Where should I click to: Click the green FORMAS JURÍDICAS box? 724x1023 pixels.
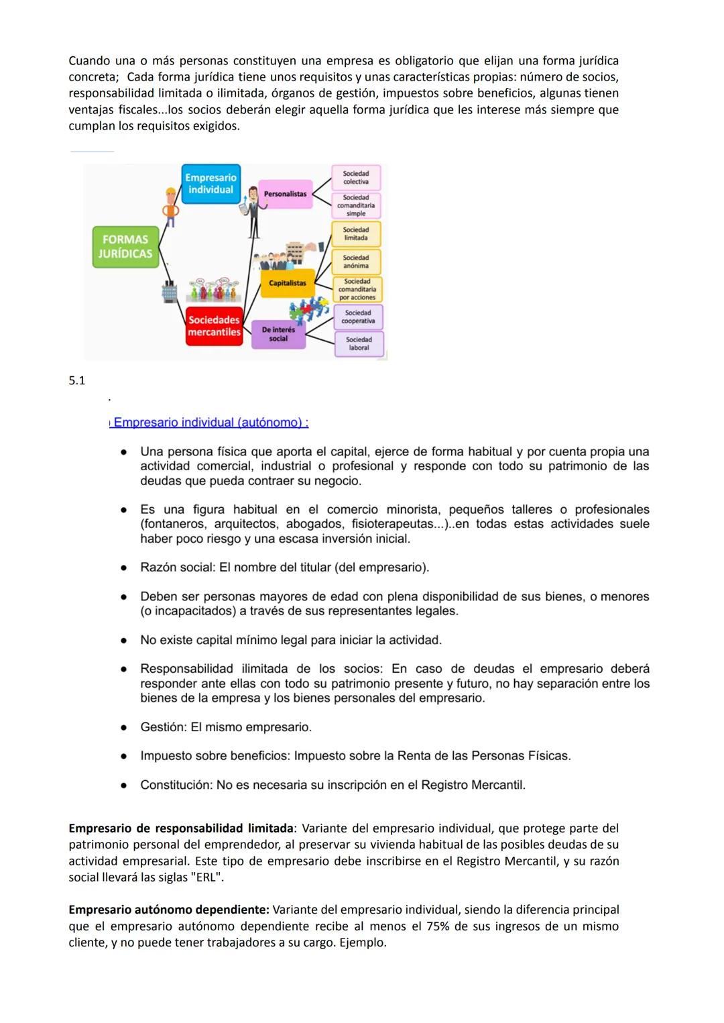point(125,246)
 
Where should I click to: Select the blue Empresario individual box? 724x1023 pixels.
point(210,184)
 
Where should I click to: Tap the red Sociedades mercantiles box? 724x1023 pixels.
point(214,326)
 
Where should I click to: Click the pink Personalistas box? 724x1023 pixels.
point(285,194)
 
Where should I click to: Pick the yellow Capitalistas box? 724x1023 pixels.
point(288,283)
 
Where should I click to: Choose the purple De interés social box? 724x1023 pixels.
point(278,334)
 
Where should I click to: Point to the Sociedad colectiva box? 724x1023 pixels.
point(356,178)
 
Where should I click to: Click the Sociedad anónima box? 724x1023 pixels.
point(356,262)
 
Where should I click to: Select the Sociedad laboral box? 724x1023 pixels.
point(359,343)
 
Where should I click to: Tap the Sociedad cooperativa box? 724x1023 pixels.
point(358,317)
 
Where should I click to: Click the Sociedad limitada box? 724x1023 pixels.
point(356,233)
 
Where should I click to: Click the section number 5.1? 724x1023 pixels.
point(77,381)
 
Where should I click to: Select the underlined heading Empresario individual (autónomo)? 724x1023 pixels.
point(210,423)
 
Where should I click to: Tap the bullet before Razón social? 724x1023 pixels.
point(124,568)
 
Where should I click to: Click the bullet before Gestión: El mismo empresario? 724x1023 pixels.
point(124,727)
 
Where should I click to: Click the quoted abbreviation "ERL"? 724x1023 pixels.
point(206,877)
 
